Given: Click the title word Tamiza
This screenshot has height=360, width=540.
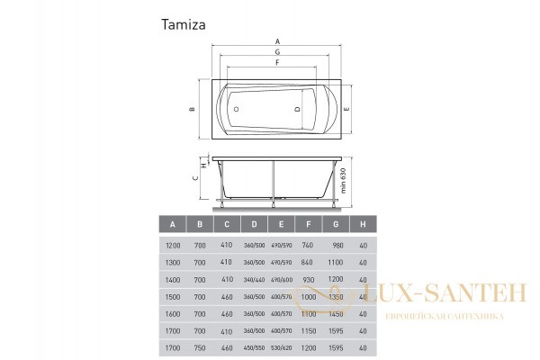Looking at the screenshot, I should coord(184,25).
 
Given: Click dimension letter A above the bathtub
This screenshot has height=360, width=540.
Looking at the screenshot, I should coord(277,41).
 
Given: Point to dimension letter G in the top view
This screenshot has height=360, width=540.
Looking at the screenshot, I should coord(277,52).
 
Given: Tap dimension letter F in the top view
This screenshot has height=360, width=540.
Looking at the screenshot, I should coord(277,63).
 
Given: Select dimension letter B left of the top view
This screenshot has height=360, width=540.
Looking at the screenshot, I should coord(192,109).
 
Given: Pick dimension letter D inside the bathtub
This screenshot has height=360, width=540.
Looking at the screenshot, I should coord(297,109).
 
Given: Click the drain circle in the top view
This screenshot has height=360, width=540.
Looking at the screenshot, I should coord(237,109).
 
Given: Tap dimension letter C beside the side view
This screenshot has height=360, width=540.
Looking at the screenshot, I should coord(195,178).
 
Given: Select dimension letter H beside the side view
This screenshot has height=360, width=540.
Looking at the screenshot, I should coord(204,165).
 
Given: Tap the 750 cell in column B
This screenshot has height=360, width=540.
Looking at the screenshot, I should coord(200,346).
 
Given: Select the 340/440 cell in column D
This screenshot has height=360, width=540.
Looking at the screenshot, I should coord(254,279).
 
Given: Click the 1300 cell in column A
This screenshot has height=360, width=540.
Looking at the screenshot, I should coord(173,262).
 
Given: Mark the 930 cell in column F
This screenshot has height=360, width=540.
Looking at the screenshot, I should coord(308,279).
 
